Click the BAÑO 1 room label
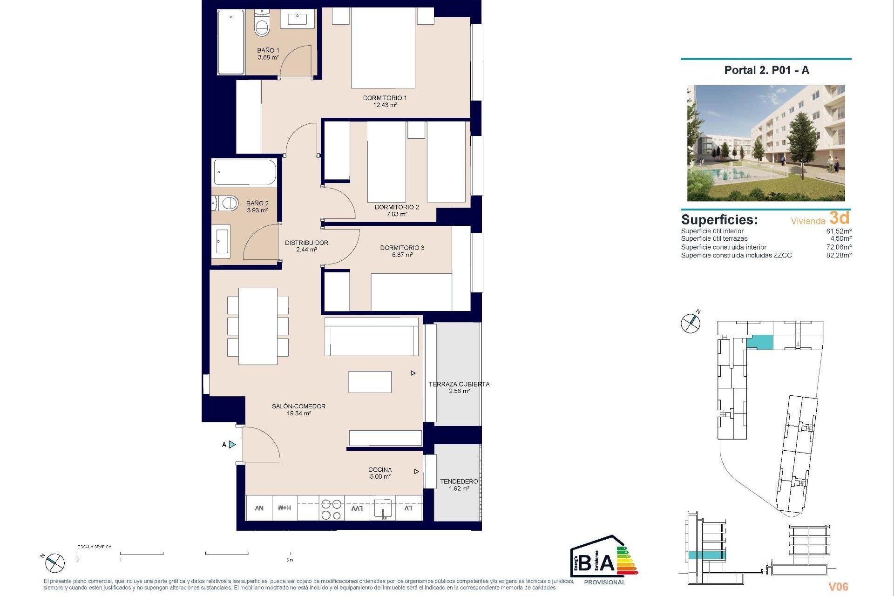pos(268,50)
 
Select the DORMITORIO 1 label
pos(385,98)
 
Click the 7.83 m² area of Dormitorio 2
pos(396,214)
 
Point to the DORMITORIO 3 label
pos(402,248)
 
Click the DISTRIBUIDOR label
pos(306,243)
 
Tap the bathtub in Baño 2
pos(244,173)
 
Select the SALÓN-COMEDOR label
pos(298,406)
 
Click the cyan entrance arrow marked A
pos(232,445)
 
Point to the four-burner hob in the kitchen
pos(331,509)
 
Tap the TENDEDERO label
pos(459,481)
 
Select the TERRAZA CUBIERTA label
pos(459,384)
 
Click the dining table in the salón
pos(257,326)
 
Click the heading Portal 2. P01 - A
pos(766,70)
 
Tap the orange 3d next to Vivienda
pos(839,217)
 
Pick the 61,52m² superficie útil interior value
pos(839,231)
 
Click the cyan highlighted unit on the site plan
pos(759,343)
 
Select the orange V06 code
pos(838,587)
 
